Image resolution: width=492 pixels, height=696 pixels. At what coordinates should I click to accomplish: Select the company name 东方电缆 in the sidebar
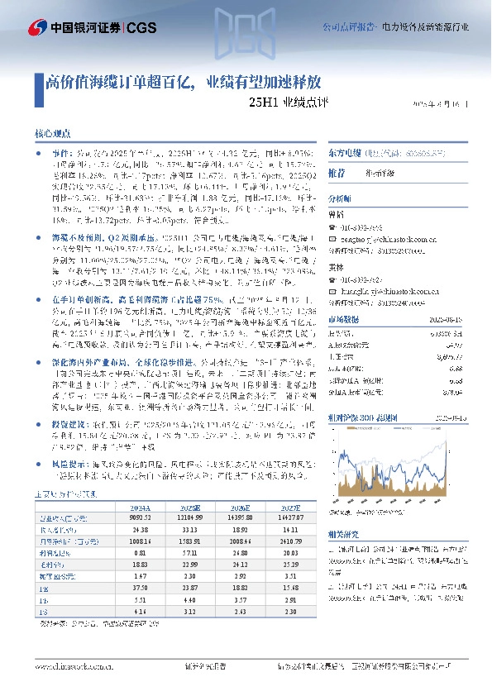341,154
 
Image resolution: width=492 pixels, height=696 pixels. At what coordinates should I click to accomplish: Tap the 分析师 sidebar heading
340,199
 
